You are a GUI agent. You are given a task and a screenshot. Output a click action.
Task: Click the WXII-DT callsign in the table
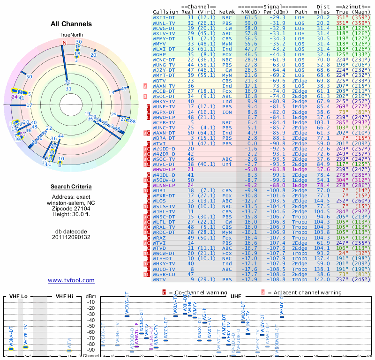pyautogui.click(x=164, y=17)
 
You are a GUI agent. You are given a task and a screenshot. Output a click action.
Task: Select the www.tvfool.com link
pyautogui.click(x=71, y=280)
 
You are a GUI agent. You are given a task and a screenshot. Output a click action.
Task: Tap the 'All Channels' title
pyautogui.click(x=71, y=24)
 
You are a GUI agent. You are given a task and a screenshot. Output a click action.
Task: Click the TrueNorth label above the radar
pyautogui.click(x=71, y=35)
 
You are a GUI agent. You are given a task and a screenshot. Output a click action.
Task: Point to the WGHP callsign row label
pyautogui.click(x=160, y=54)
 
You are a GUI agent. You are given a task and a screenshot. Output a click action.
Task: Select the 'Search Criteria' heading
pyautogui.click(x=71, y=187)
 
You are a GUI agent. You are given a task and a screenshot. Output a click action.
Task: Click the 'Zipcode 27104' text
pyautogui.click(x=71, y=208)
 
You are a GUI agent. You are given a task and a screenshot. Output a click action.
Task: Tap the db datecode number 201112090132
pyautogui.click(x=71, y=237)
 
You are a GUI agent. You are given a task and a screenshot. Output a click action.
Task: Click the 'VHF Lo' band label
pyautogui.click(x=18, y=296)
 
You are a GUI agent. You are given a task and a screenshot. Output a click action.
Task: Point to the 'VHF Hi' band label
pyautogui.click(x=64, y=296)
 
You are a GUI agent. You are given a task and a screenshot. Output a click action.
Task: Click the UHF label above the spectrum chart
pyautogui.click(x=236, y=296)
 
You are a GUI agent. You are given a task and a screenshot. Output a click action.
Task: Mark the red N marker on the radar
pyautogui.click(x=65, y=43)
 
